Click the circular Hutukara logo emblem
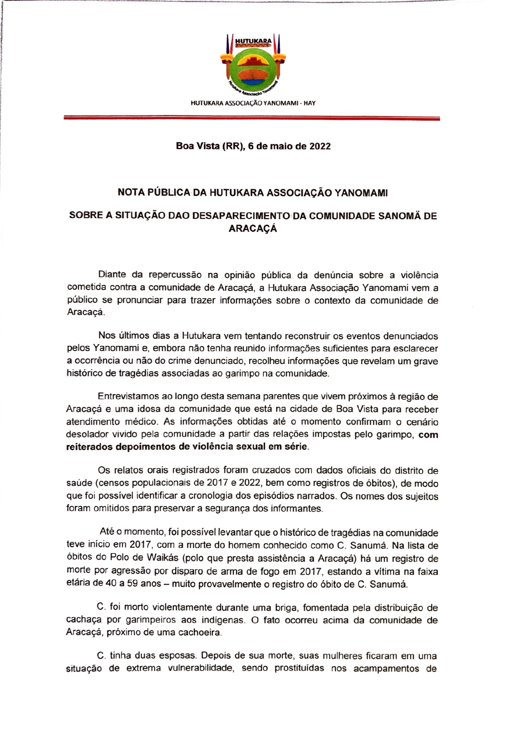253,73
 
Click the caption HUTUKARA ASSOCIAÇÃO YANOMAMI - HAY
253,103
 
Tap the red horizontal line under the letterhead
251,119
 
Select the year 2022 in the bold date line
320,146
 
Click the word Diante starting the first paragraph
112,275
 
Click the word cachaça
83,620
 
